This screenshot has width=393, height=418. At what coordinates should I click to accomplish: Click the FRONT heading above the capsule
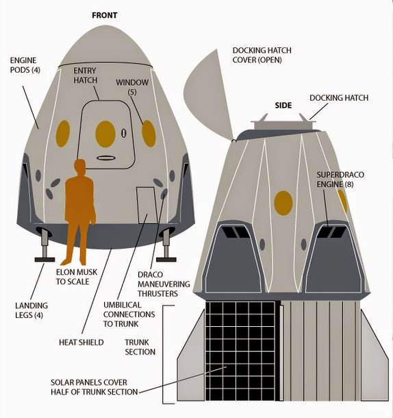(x=105, y=16)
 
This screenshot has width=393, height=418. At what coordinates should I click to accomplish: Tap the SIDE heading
(x=283, y=106)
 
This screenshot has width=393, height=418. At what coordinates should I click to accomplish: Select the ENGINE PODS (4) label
(x=25, y=65)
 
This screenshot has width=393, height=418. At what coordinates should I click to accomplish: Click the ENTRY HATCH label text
(x=86, y=75)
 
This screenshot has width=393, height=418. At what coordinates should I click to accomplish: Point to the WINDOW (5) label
(x=132, y=87)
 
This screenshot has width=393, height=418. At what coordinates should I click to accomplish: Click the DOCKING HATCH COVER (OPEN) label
(x=262, y=56)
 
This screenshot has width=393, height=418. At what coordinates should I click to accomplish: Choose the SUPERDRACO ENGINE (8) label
(x=340, y=180)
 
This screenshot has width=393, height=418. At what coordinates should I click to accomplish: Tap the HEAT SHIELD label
(x=81, y=343)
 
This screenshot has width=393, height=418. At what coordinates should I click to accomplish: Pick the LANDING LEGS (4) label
(x=31, y=310)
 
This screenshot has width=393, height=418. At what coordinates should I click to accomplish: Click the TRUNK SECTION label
(x=140, y=347)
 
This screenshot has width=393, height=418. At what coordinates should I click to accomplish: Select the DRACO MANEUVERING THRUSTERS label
(x=164, y=284)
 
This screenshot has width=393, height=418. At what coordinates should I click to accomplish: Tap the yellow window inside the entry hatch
(x=105, y=134)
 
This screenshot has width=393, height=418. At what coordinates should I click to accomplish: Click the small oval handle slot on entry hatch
(x=105, y=158)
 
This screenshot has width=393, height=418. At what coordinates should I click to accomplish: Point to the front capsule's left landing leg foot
(x=45, y=260)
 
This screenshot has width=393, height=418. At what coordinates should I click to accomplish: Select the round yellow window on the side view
(x=283, y=203)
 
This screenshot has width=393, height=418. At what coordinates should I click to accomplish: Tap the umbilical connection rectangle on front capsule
(x=147, y=206)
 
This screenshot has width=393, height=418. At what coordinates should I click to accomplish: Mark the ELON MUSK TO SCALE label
(x=77, y=277)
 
